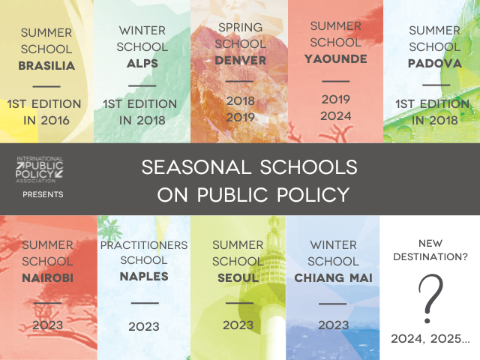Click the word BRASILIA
click(x=46, y=65)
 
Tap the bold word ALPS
click(x=142, y=63)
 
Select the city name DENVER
click(x=241, y=61)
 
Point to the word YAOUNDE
click(x=336, y=59)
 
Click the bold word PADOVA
click(x=435, y=63)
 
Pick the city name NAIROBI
click(x=48, y=278)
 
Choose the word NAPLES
click(x=144, y=277)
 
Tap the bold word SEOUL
click(x=238, y=278)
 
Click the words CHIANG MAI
click(x=333, y=278)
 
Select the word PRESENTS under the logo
click(x=43, y=194)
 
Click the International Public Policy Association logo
click(x=40, y=169)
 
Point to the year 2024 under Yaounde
click(x=336, y=116)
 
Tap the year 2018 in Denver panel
click(x=241, y=100)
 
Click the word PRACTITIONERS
click(x=144, y=245)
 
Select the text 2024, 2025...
click(x=430, y=339)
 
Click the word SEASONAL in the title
click(x=195, y=167)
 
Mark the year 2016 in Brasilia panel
click(x=55, y=121)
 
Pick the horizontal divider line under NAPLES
click(x=145, y=303)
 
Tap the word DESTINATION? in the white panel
click(x=430, y=256)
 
